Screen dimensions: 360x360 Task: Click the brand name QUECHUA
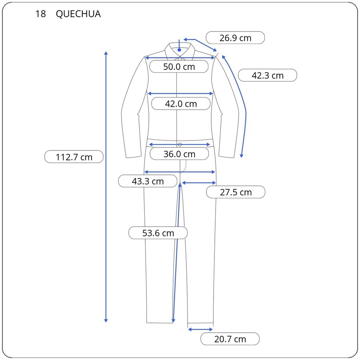point(78,14)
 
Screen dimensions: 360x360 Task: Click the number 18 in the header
point(41,14)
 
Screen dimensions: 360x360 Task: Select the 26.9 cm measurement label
point(235,38)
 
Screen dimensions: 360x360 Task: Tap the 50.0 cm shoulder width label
point(179,66)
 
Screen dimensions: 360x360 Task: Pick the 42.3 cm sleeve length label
point(268,75)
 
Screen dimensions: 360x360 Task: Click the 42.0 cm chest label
point(181,104)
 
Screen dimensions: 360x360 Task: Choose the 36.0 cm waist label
point(179,154)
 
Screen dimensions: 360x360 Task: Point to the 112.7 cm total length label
point(74,157)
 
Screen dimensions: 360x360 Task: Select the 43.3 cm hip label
point(148,181)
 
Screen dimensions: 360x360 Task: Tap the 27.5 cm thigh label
point(236,192)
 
